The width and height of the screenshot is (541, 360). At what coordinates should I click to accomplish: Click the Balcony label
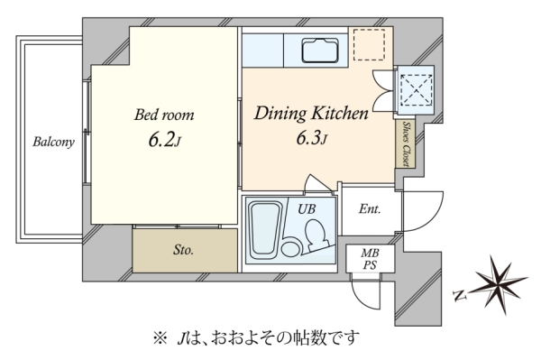point(53,142)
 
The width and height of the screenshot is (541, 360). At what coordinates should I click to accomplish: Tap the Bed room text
point(164,115)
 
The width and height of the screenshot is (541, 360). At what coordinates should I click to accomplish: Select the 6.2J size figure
point(165,140)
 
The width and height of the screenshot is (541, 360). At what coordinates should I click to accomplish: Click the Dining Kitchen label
point(311,113)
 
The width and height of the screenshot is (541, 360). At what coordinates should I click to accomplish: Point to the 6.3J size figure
point(312,137)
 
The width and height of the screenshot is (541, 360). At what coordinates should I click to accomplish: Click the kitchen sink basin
point(320,51)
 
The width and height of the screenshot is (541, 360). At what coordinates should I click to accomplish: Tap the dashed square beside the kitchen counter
point(369,45)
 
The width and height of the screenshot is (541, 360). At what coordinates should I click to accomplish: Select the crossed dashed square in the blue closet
point(417,89)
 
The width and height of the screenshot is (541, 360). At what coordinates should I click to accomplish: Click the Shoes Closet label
point(407,143)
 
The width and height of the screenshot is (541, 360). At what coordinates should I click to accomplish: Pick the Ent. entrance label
point(370,208)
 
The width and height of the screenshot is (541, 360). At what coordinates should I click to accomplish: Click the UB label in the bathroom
point(307,208)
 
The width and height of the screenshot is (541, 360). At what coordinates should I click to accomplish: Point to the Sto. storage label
point(183,250)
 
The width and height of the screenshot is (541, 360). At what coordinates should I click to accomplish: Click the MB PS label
point(370,259)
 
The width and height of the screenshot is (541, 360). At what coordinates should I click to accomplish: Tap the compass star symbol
point(500,283)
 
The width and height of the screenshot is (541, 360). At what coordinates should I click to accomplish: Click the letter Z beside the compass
point(460,295)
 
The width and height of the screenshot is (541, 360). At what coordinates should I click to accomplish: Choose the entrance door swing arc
point(436,219)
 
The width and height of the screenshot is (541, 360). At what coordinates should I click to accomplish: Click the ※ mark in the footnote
point(160,338)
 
